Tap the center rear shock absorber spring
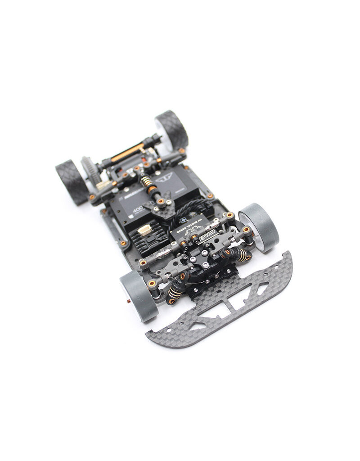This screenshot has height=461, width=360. coord(145,182)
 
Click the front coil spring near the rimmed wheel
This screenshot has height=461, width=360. coord(241,255)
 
